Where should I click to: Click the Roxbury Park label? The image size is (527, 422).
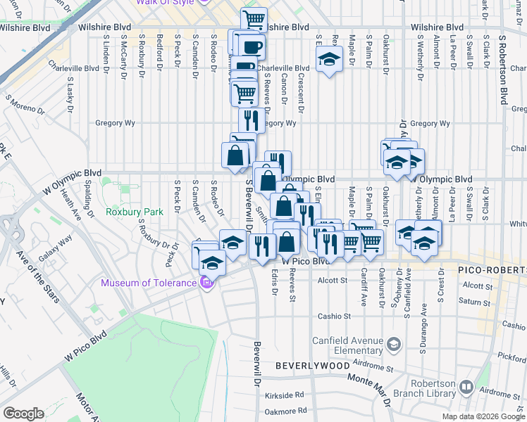(x=134, y=211)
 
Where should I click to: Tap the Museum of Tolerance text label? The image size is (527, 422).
(x=149, y=283)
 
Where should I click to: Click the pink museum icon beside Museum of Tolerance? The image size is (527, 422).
(x=206, y=283)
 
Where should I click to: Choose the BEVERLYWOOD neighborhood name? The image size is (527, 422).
(x=312, y=366)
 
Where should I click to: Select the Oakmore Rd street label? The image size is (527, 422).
(x=284, y=410)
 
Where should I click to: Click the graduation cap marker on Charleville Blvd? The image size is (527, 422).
(x=328, y=60)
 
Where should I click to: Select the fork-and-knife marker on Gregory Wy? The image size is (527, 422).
(x=251, y=119)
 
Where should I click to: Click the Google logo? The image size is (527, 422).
(x=23, y=414)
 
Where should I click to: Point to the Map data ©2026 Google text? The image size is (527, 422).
(x=483, y=416)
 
